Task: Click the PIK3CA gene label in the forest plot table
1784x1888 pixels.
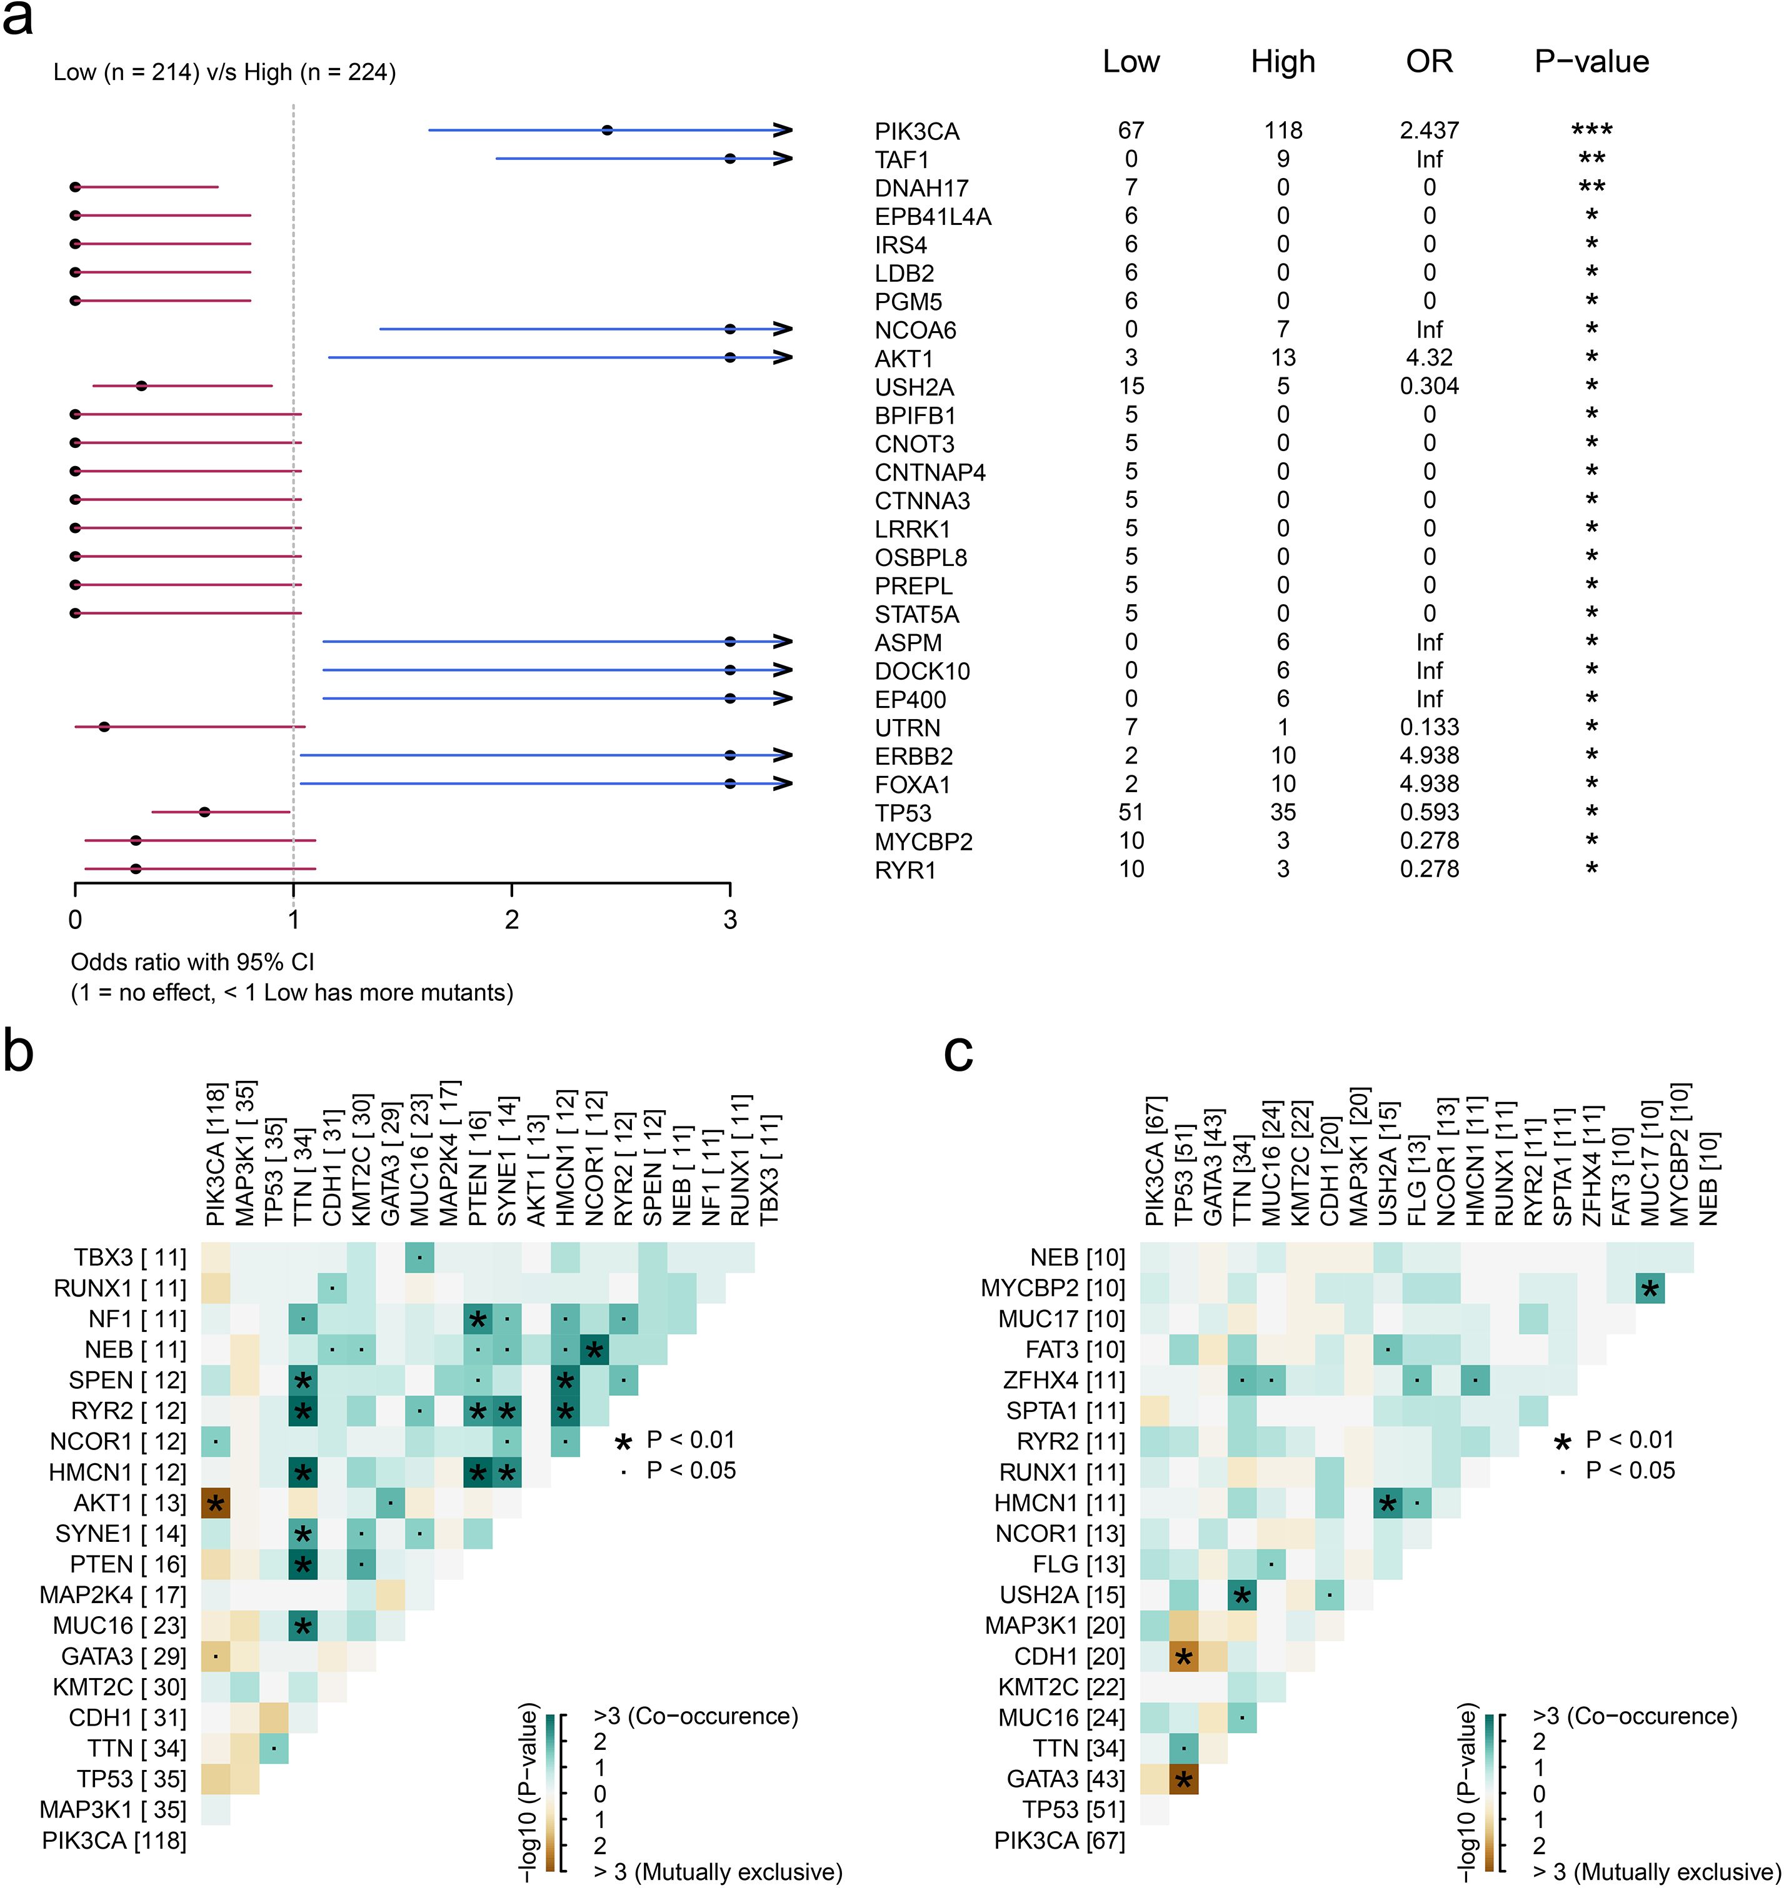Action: coord(917,131)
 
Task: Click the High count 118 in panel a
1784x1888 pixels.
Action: coord(1283,130)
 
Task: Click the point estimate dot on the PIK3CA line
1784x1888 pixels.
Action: coord(608,130)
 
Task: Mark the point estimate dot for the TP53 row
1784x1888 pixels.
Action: coord(204,812)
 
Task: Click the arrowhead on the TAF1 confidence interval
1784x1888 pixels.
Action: coord(783,159)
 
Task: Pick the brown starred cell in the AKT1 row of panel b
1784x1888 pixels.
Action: coord(216,1503)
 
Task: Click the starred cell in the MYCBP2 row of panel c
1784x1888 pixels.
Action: coord(1650,1288)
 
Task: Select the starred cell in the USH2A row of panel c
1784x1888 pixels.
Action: coord(1241,1595)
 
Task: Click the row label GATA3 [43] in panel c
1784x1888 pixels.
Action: coord(1066,1779)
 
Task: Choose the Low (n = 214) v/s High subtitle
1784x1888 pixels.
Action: coord(224,72)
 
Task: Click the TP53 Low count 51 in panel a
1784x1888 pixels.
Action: coord(1131,812)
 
